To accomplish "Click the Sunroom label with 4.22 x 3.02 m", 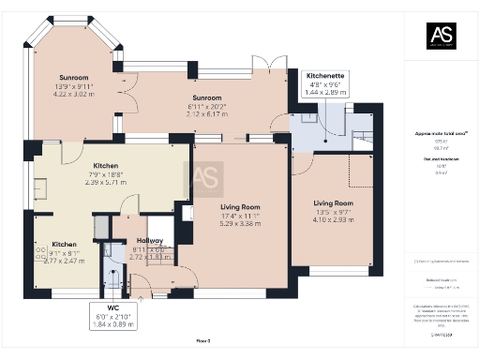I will (73, 79).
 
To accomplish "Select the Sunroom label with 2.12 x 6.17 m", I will (206, 97).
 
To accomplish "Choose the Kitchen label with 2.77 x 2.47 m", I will (65, 243).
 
